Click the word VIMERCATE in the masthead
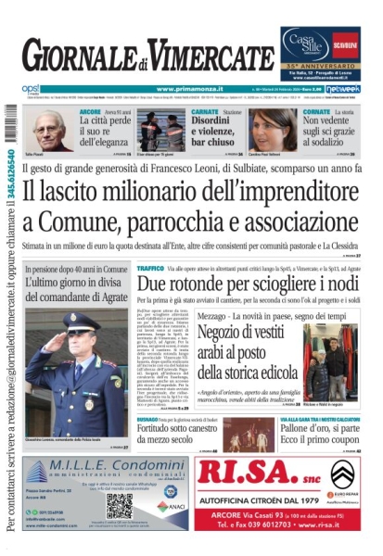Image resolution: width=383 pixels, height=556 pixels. pyautogui.click(x=209, y=57)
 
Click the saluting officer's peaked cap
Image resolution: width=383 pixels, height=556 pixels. pyautogui.click(x=80, y=322)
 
